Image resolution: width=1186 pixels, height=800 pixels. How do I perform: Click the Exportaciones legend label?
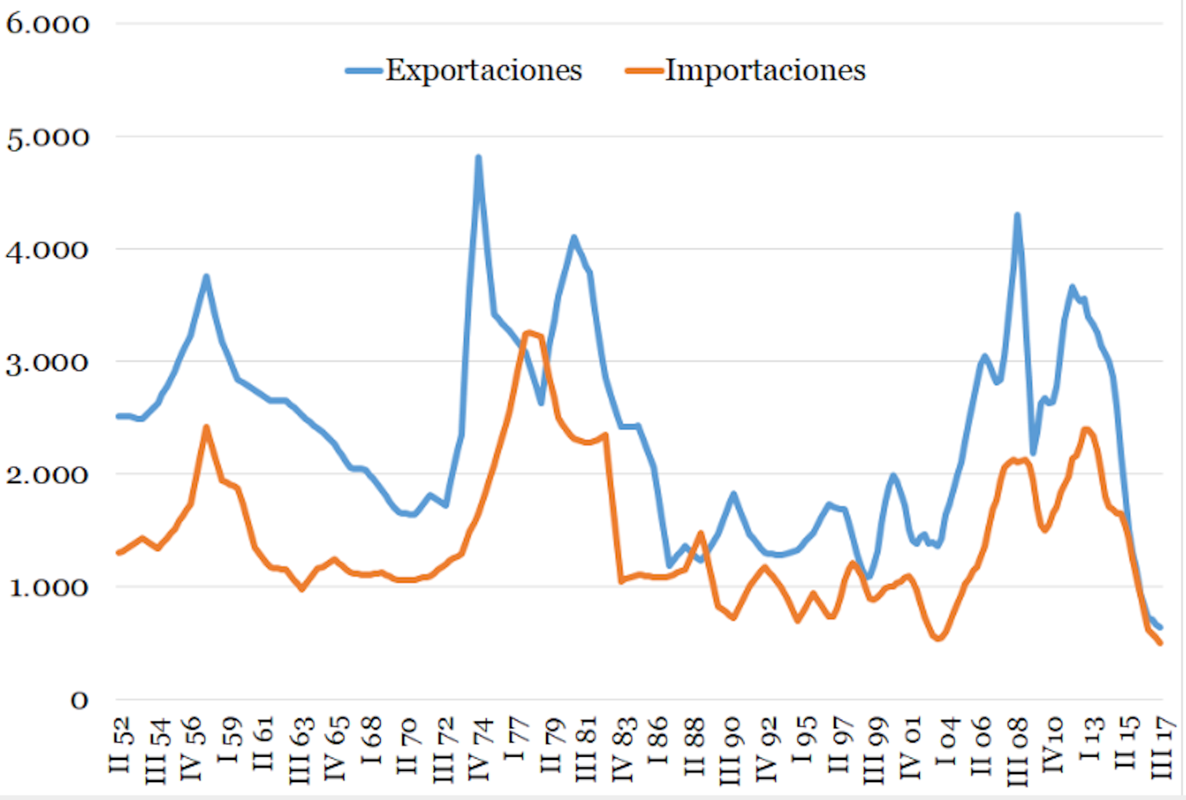pyautogui.click(x=484, y=70)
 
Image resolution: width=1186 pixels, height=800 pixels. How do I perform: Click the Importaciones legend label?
pyautogui.click(x=765, y=70)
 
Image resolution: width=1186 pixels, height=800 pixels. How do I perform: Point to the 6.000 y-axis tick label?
pyautogui.click(x=48, y=24)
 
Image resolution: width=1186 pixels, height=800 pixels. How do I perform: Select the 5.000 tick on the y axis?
pyautogui.click(x=48, y=137)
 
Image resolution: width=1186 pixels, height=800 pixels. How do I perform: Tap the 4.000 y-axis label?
pyautogui.click(x=48, y=250)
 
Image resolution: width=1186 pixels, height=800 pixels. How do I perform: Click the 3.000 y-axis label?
pyautogui.click(x=48, y=363)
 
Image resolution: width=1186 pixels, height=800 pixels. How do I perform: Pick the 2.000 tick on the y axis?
pyautogui.click(x=48, y=475)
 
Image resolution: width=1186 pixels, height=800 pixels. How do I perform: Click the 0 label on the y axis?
pyautogui.click(x=79, y=701)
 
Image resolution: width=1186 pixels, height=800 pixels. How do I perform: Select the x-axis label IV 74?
pyautogui.click(x=481, y=749)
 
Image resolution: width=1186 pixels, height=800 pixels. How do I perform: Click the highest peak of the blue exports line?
pyautogui.click(x=478, y=158)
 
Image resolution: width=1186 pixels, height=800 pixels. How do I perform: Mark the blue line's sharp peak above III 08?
pyautogui.click(x=1017, y=215)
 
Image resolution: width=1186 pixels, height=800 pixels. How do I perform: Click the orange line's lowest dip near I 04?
pyautogui.click(x=938, y=639)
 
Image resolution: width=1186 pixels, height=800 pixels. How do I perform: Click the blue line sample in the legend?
pyautogui.click(x=363, y=70)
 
